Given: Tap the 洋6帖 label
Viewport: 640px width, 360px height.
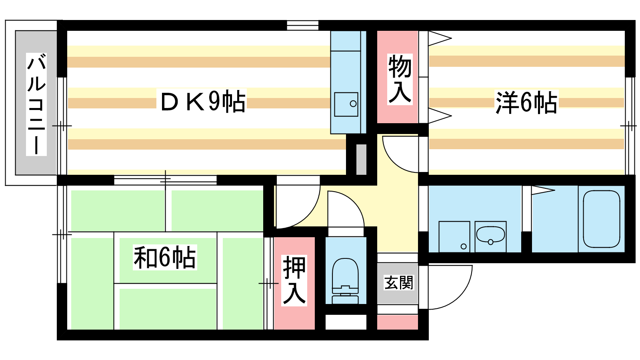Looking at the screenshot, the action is coord(526,102).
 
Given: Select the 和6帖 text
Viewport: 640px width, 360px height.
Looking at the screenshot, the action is coord(165,258).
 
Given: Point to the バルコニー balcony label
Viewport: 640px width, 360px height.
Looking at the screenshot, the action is coord(36,104).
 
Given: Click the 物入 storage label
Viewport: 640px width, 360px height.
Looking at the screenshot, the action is coord(400,79).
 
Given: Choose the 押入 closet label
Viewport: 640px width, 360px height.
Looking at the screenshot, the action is coord(294,280).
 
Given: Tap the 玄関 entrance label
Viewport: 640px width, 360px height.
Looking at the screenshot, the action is coord(398,282).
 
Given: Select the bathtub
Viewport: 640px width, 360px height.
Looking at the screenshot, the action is coord(602,219).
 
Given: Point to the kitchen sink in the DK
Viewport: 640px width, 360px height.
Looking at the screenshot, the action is coord(346,104).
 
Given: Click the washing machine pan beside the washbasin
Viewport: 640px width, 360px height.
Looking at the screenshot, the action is coord(454,236).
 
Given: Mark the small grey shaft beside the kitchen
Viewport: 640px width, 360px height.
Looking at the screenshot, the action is coord(361,160).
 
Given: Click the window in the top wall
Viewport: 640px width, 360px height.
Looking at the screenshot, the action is coord(302,25).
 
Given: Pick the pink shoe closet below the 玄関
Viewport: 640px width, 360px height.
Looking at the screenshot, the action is coord(398,322).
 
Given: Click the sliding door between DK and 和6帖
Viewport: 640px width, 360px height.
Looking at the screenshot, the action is coord(165,180).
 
